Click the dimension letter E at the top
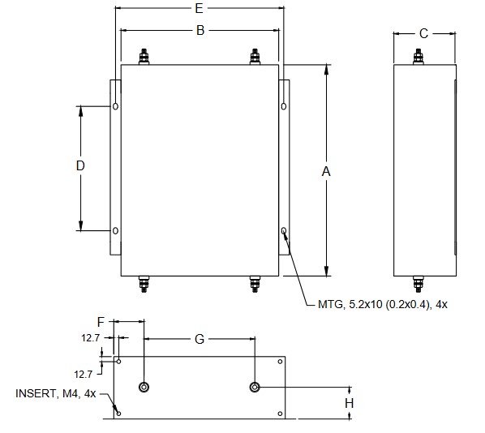[199, 8]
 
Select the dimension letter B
[200, 30]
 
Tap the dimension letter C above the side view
[423, 34]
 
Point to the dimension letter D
[80, 165]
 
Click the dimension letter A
[326, 171]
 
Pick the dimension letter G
[200, 339]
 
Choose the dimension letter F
[101, 322]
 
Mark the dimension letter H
[350, 403]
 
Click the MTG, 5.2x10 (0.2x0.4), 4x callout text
[383, 304]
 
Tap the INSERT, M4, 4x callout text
[56, 393]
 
